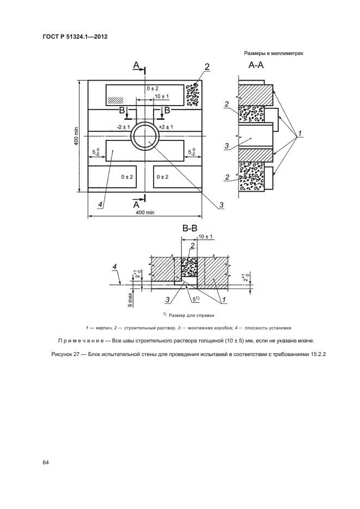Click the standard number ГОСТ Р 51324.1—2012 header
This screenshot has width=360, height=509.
click(74, 37)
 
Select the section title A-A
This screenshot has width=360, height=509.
click(256, 66)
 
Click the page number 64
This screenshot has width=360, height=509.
click(46, 463)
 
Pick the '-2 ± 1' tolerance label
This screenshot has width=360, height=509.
click(123, 127)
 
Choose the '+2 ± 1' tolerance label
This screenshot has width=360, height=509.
click(166, 127)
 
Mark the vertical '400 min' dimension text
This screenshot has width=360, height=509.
click(77, 136)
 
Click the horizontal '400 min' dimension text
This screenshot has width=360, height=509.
click(145, 213)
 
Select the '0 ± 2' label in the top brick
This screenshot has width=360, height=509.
click(152, 88)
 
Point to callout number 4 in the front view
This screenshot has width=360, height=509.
click(100, 204)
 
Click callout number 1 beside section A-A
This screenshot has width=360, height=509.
click(298, 133)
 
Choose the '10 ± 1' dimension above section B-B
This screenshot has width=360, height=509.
click(205, 237)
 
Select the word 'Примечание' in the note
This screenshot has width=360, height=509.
click(81, 340)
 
